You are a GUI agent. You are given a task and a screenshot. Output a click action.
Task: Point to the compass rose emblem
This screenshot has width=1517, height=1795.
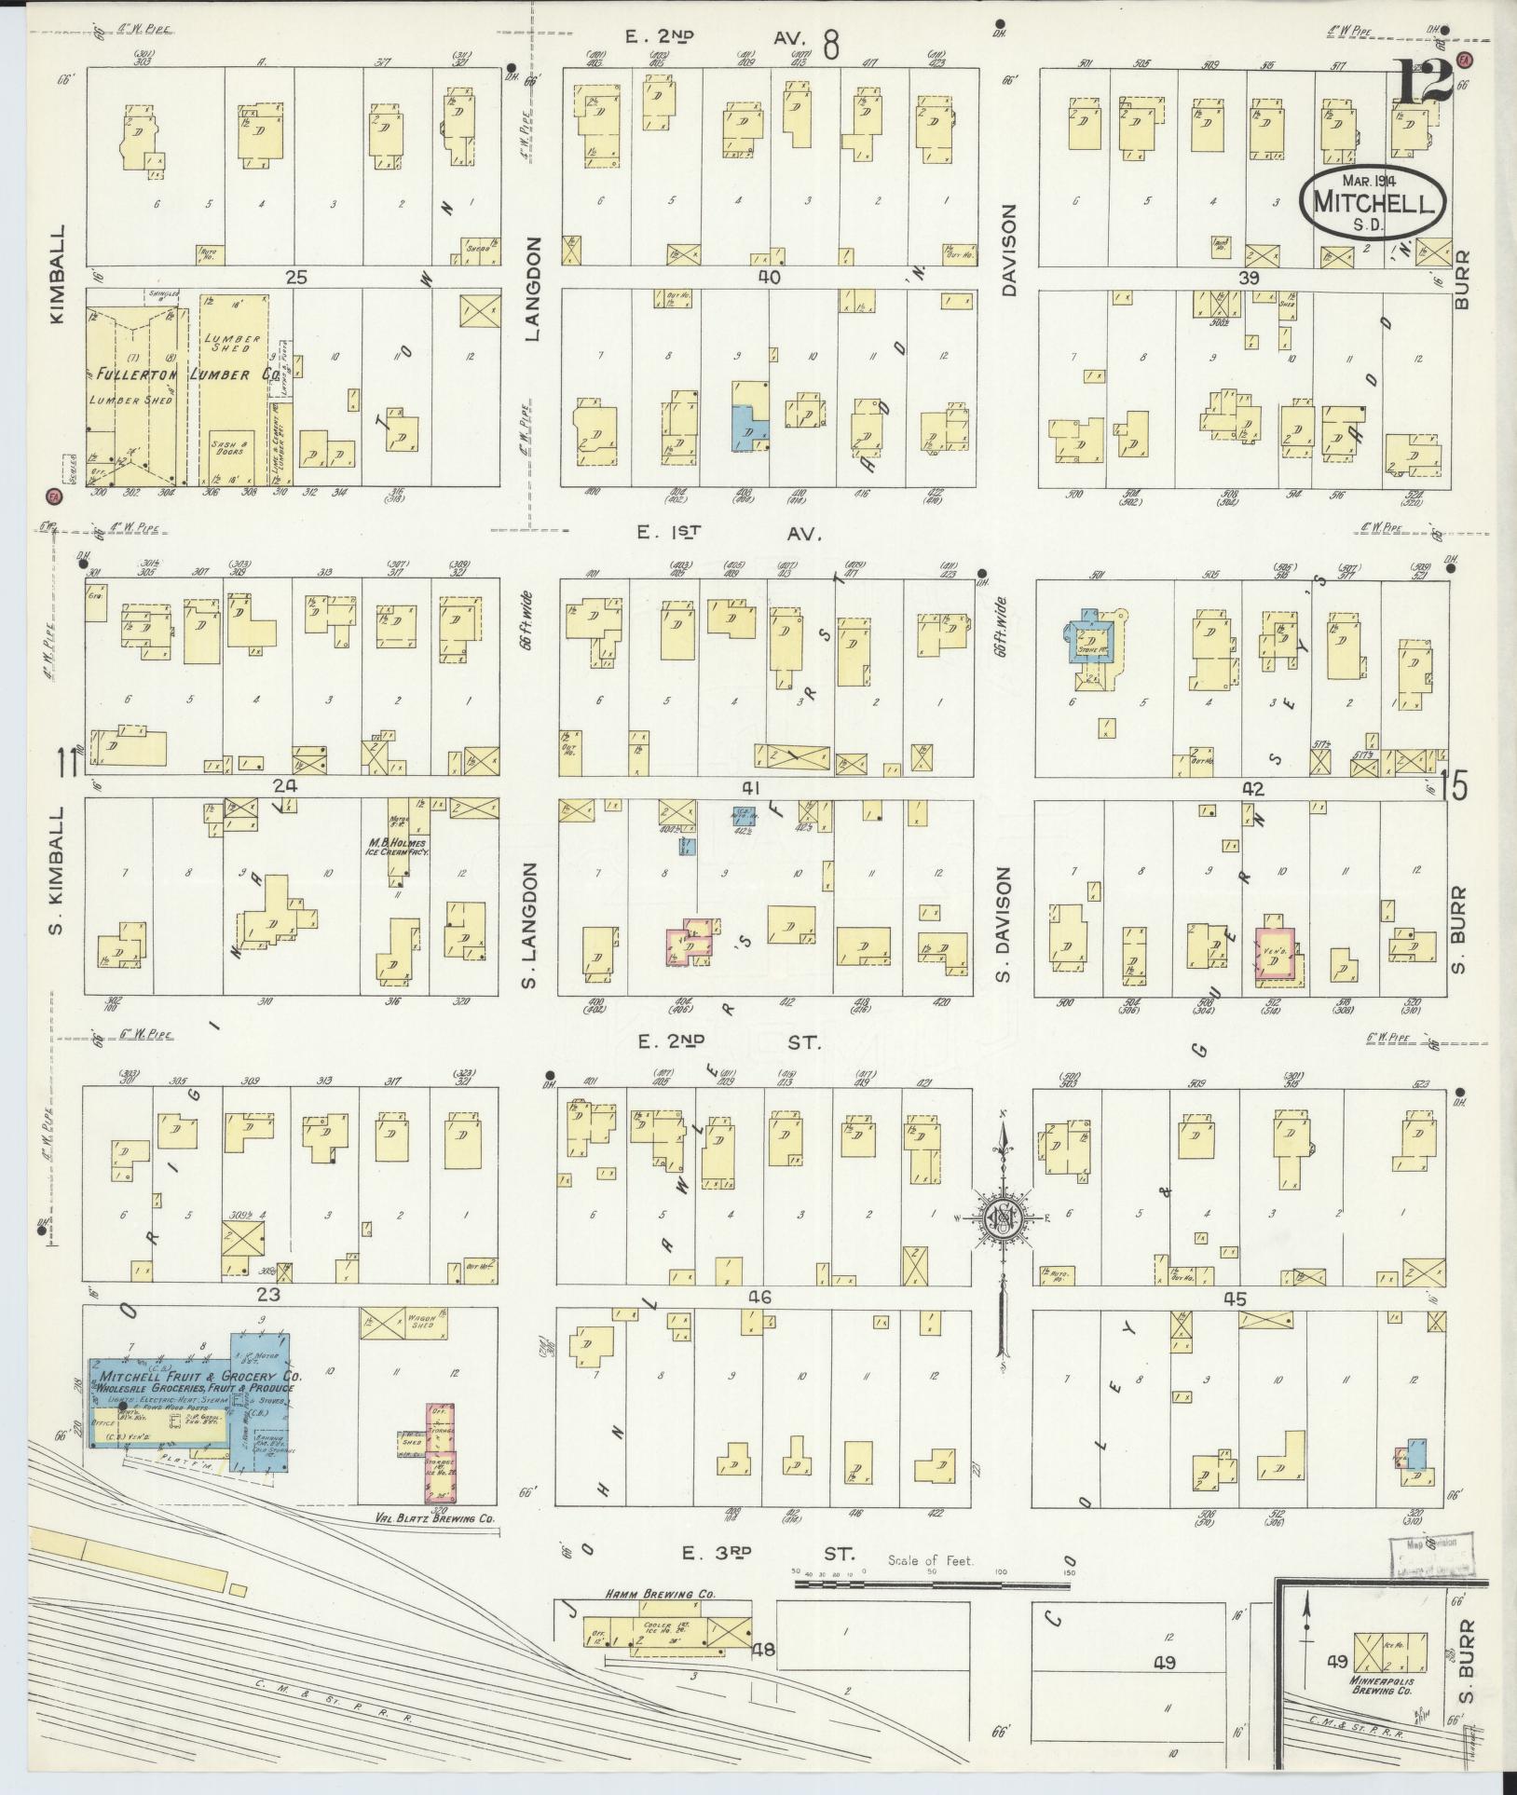click(1004, 1217)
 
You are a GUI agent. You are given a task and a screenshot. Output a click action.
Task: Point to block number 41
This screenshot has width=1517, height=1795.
click(751, 787)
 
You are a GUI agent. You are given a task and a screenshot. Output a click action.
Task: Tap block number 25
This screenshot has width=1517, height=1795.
click(296, 277)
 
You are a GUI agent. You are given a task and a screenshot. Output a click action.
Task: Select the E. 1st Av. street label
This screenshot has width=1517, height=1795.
click(729, 533)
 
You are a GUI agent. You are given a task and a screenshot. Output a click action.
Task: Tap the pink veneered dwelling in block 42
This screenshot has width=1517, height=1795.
click(1278, 954)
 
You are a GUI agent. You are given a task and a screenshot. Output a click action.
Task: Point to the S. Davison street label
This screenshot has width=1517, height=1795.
click(1004, 924)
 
